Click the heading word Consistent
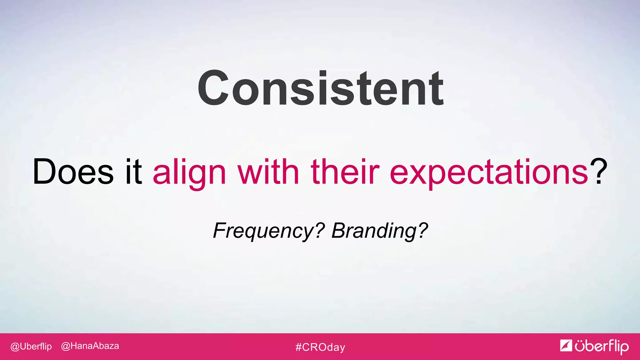pyautogui.click(x=320, y=88)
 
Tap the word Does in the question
pyautogui.click(x=73, y=172)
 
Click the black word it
pyautogui.click(x=133, y=171)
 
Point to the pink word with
pyautogui.click(x=268, y=171)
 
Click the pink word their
pyautogui.click(x=345, y=171)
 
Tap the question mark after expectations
pyautogui.click(x=598, y=171)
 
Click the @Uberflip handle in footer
pyautogui.click(x=31, y=347)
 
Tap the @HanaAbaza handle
pyautogui.click(x=90, y=346)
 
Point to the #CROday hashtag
pyautogui.click(x=320, y=347)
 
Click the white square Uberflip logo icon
pyautogui.click(x=566, y=345)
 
